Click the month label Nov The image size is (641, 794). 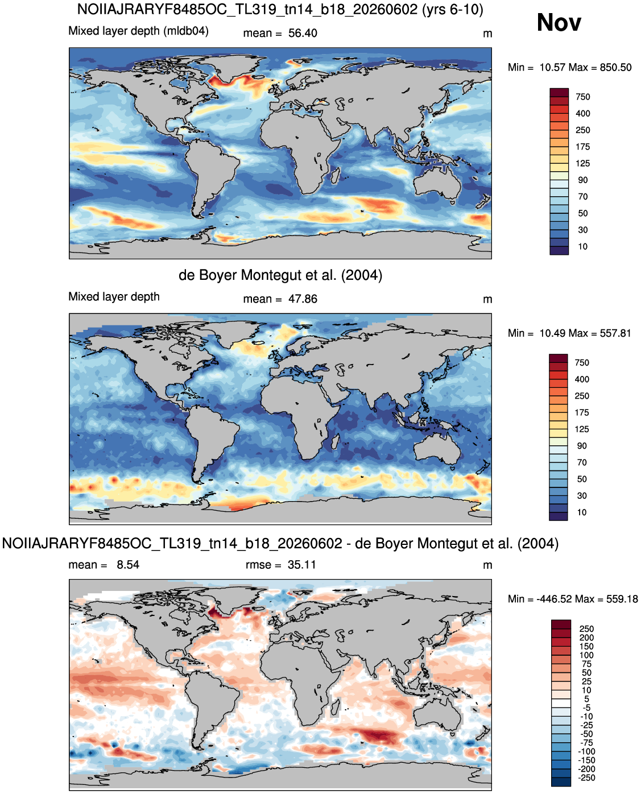(x=559, y=22)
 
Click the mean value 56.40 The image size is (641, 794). (x=302, y=33)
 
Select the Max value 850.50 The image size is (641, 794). (x=615, y=68)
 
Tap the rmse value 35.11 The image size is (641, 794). (x=301, y=565)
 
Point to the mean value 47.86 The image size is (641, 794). (x=302, y=299)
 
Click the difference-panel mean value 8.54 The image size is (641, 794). (x=128, y=565)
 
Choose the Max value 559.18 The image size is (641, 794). (x=622, y=599)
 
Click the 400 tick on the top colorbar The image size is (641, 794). (x=582, y=113)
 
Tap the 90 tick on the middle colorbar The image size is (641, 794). (x=581, y=445)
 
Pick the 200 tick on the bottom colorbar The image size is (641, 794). (x=586, y=638)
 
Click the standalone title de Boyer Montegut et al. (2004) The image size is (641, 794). (x=280, y=275)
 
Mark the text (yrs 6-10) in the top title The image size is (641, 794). (x=452, y=9)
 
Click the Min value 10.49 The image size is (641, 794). (x=550, y=333)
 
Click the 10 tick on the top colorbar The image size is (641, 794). (x=582, y=246)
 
